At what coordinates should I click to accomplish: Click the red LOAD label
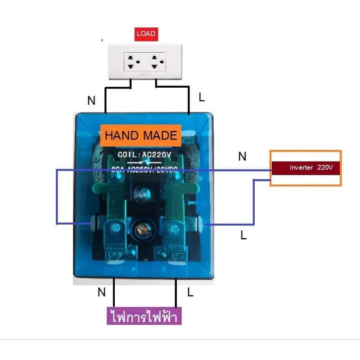pyautogui.click(x=146, y=34)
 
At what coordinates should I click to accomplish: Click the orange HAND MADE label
pyautogui.click(x=141, y=135)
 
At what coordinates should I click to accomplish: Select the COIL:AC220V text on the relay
pyautogui.click(x=144, y=155)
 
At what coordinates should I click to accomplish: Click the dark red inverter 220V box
pyautogui.click(x=305, y=167)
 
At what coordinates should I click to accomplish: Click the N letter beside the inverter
pyautogui.click(x=242, y=157)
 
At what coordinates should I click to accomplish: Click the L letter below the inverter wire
pyautogui.click(x=243, y=235)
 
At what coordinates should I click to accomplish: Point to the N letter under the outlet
pyautogui.click(x=91, y=101)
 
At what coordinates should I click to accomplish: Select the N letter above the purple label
pyautogui.click(x=101, y=292)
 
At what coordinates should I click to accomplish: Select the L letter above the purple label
pyautogui.click(x=190, y=292)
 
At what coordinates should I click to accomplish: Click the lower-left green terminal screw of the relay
pyautogui.click(x=113, y=229)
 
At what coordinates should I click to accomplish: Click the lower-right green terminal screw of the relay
pyautogui.click(x=172, y=229)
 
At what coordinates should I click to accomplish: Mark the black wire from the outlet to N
pyautogui.click(x=105, y=99)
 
